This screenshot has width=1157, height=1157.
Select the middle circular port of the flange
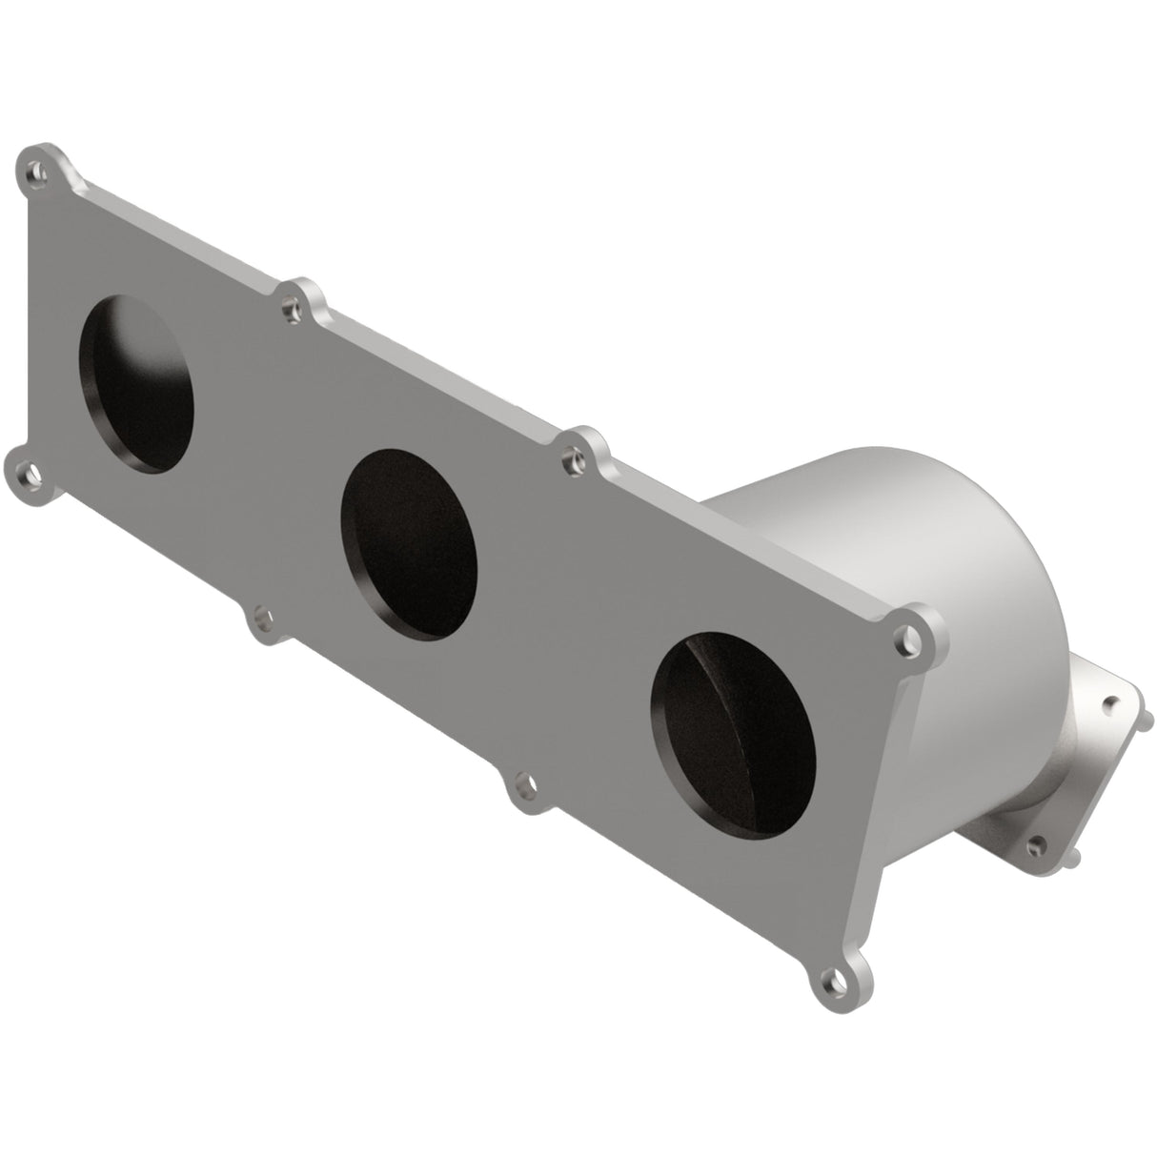click(410, 544)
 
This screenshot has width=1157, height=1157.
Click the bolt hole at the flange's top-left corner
click(36, 173)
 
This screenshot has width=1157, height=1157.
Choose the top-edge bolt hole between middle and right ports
click(571, 461)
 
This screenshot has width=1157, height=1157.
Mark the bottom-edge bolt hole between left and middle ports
click(258, 622)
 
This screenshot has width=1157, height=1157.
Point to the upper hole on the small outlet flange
click(1107, 704)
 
